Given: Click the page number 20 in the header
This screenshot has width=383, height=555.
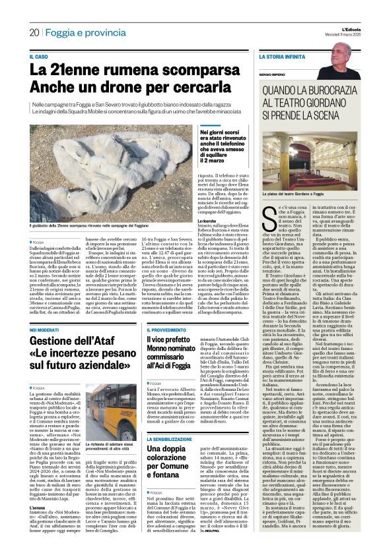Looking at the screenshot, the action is [x=34, y=32].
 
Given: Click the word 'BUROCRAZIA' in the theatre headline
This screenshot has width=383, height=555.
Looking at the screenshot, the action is [x=323, y=94].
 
